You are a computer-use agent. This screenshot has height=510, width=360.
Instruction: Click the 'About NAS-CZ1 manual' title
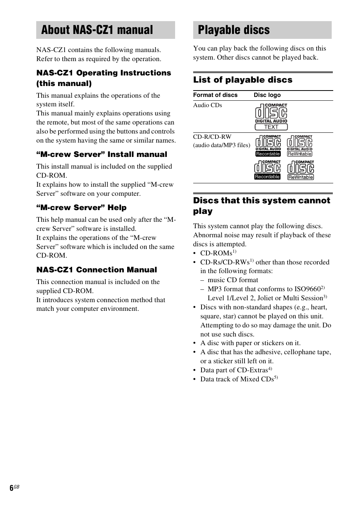click(97, 30)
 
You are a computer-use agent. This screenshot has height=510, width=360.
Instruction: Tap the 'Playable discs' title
click(234, 30)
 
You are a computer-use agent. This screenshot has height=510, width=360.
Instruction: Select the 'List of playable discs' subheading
click(243, 80)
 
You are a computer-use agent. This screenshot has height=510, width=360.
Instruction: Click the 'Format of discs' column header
click(215, 95)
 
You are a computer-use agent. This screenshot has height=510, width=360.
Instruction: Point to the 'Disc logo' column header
click(267, 95)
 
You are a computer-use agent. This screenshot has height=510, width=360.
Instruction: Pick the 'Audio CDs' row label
click(208, 105)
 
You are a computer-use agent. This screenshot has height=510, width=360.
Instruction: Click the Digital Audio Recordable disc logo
click(268, 146)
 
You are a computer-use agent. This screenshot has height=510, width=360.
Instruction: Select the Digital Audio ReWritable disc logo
click(300, 146)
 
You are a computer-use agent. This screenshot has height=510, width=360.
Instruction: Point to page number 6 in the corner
click(12, 488)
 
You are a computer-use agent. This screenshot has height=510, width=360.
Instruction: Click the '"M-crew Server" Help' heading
click(81, 208)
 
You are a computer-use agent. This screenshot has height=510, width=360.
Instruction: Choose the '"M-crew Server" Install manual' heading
click(102, 155)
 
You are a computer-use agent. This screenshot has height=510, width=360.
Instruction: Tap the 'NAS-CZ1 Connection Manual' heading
click(97, 270)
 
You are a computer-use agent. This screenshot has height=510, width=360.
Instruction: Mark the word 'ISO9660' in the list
click(308, 289)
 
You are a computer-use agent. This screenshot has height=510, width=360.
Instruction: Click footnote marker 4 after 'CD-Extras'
click(270, 369)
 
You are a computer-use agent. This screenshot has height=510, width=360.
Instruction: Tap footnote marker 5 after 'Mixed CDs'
click(276, 378)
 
